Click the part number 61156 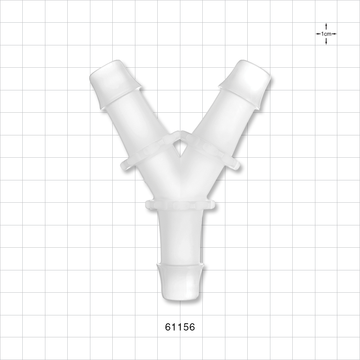point(180,327)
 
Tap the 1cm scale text point(326,34)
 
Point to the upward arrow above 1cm point(326,26)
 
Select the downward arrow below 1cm point(326,41)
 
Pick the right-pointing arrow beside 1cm point(334,34)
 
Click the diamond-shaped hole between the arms point(179,148)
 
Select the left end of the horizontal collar point(148,205)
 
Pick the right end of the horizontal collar point(212,205)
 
